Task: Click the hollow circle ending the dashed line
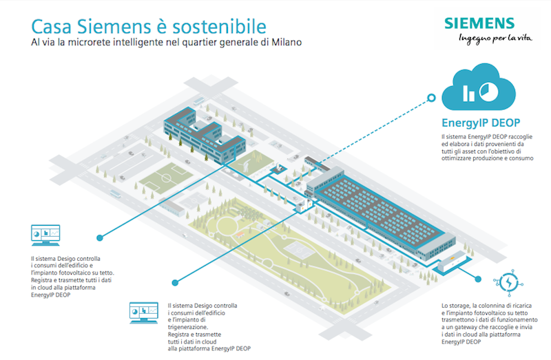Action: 431,98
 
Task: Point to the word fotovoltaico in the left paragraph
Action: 80,273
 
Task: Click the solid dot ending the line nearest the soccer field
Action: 100,238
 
